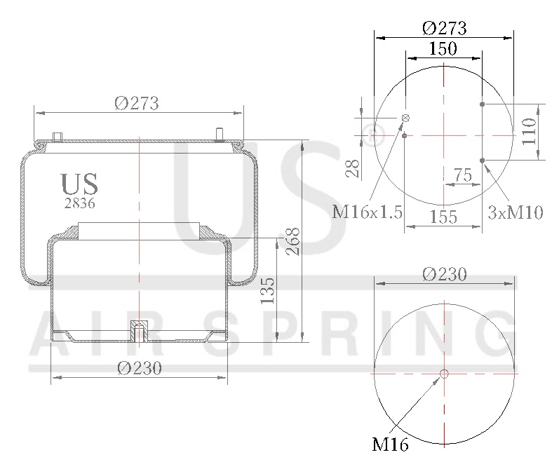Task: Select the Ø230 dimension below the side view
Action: [x=140, y=368]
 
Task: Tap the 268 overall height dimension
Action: [x=293, y=241]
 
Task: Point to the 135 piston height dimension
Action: [x=267, y=290]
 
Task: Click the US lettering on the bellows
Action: [x=79, y=184]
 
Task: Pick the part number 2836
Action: [x=79, y=203]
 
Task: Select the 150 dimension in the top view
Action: [x=443, y=48]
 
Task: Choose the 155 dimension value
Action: [x=443, y=217]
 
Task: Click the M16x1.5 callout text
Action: [x=367, y=212]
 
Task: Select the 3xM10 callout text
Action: [x=516, y=212]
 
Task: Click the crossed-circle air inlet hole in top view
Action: [x=405, y=118]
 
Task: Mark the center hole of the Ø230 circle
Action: [x=443, y=374]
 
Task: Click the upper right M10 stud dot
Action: [x=483, y=104]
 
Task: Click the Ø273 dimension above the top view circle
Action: [x=445, y=28]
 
